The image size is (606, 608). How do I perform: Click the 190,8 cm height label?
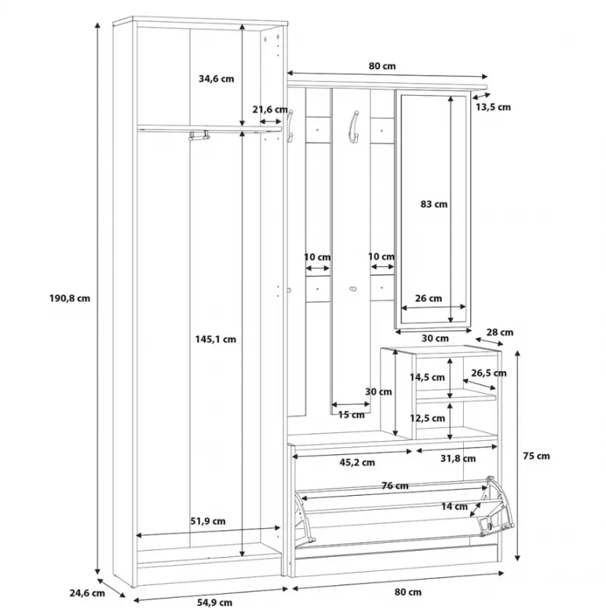(70, 298)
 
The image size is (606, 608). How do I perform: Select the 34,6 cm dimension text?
(217, 78)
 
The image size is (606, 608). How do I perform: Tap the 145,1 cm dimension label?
(215, 339)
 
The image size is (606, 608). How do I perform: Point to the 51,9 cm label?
(208, 521)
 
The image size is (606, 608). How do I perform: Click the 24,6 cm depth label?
(87, 593)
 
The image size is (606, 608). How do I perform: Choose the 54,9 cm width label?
(214, 603)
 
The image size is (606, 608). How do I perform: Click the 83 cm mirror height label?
(434, 204)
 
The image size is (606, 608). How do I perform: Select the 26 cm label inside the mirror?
(429, 298)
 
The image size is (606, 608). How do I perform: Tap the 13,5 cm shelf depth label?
(493, 107)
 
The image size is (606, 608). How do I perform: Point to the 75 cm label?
(537, 456)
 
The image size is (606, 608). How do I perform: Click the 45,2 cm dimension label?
(357, 462)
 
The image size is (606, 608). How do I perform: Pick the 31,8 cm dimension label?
(458, 458)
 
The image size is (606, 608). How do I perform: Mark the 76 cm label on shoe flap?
(395, 486)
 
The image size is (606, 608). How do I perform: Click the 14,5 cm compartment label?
(427, 377)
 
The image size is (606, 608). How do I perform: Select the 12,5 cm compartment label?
(427, 418)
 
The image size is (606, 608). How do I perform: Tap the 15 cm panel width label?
(352, 415)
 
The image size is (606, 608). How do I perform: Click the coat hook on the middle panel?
(354, 126)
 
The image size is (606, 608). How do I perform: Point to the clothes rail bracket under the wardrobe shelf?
(199, 135)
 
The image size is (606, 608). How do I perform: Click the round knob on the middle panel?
(353, 289)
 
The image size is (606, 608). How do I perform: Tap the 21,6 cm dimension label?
(270, 110)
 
